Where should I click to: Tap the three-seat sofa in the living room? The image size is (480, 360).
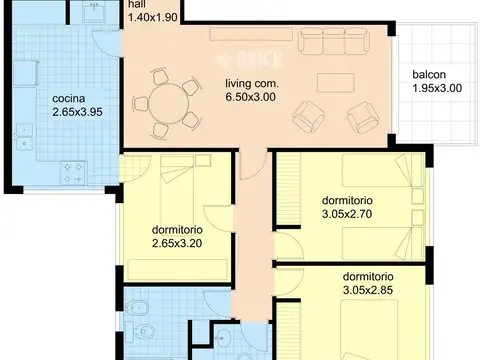334,41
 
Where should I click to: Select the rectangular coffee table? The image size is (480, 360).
335,83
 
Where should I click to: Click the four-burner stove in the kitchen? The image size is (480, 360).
73,173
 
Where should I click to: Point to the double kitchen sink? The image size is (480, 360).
24,137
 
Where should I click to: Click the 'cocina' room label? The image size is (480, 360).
69,99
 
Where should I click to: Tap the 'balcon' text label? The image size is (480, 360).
429,75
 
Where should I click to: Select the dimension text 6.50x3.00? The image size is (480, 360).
251,97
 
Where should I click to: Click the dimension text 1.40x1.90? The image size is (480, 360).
153,17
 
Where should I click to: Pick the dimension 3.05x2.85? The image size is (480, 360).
368,290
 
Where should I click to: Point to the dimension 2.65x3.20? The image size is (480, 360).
177,243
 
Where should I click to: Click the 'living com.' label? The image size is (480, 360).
252,83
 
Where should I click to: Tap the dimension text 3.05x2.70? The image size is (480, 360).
347,214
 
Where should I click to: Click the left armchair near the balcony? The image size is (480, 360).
308,117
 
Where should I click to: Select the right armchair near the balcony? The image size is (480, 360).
363,118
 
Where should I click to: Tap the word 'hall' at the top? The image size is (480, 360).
137,4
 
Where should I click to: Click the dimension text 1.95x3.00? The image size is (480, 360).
437,88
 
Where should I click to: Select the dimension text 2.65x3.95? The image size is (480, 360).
77,112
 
